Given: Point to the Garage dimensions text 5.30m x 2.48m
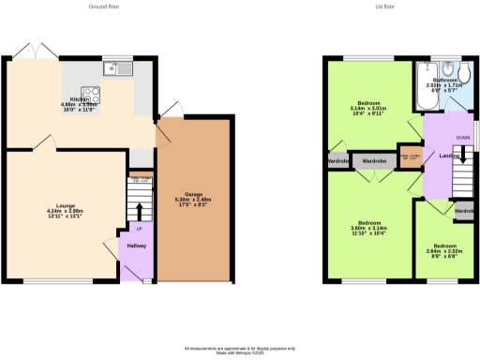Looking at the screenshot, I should pos(192,199).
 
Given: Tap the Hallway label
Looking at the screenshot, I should pos(137,246).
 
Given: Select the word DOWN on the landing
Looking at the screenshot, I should pos(462,138).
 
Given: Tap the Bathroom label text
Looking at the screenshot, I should pos(445,81).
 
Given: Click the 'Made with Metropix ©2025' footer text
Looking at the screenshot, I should pos(240,351).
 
